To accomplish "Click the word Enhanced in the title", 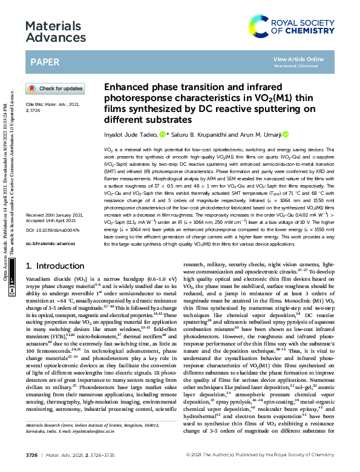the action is point(128,87).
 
